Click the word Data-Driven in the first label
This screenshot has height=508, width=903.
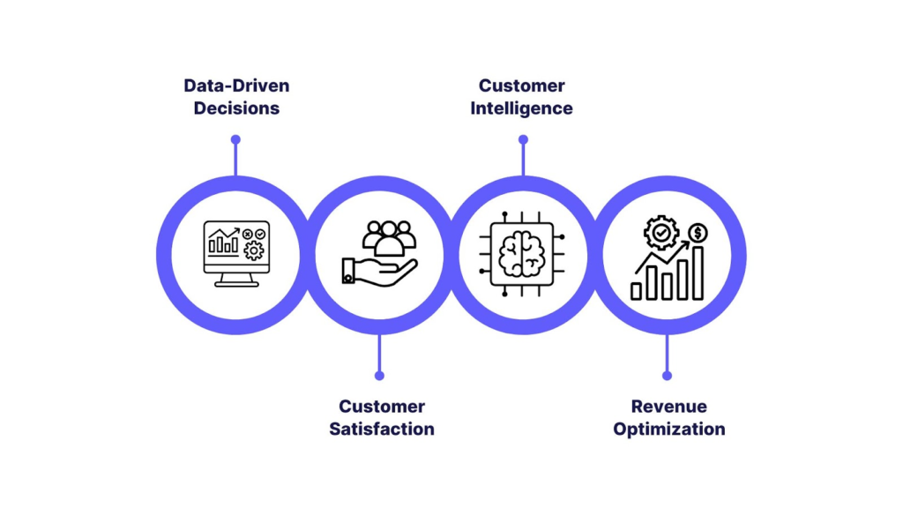[x=236, y=86]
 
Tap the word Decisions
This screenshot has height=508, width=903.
[x=236, y=108]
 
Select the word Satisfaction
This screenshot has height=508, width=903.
[x=382, y=430]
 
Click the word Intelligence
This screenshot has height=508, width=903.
[x=521, y=108]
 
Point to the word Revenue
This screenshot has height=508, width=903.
[x=668, y=407]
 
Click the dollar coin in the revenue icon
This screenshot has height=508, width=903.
[x=698, y=233]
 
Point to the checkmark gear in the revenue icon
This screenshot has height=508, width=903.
[x=660, y=233]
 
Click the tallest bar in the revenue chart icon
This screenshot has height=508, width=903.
[x=698, y=273]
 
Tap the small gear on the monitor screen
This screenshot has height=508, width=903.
[x=254, y=250]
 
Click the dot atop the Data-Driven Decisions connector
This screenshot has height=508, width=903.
[x=235, y=139]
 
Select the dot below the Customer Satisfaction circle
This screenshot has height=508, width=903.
[x=379, y=375]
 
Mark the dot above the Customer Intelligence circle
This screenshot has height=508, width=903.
[x=523, y=139]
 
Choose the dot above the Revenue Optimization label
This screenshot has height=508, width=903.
[x=667, y=375]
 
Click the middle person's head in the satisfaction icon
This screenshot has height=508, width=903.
[x=389, y=231]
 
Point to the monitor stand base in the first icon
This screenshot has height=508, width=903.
[x=236, y=284]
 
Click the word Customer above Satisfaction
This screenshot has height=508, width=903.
[x=382, y=407]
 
